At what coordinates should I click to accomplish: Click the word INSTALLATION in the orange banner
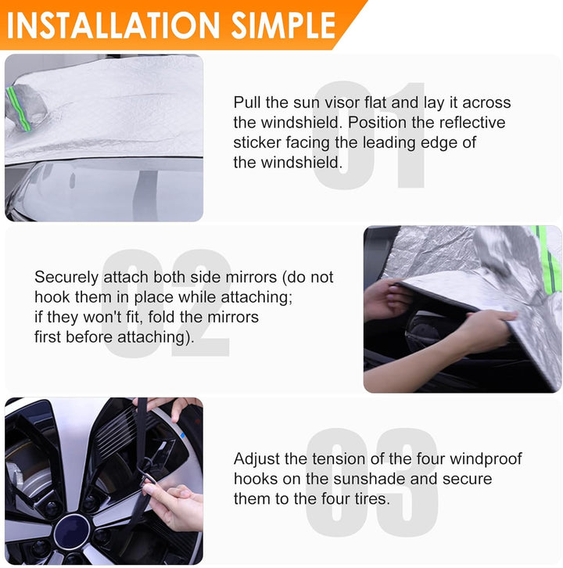pyautogui.click(x=113, y=25)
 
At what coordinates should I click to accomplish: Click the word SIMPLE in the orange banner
pyautogui.click(x=284, y=25)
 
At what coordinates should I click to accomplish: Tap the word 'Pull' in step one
pyautogui.click(x=247, y=102)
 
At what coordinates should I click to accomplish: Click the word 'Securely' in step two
pyautogui.click(x=66, y=278)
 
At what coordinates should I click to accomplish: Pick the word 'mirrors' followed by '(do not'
pyautogui.click(x=251, y=277)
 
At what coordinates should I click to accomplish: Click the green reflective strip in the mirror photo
pyautogui.click(x=548, y=261)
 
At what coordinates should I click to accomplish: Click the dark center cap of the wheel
pyautogui.click(x=72, y=531)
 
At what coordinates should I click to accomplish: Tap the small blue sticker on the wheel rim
pyautogui.click(x=182, y=435)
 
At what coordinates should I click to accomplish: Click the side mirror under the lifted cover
pyautogui.click(x=424, y=329)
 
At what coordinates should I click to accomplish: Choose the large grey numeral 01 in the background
pyautogui.click(x=368, y=135)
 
